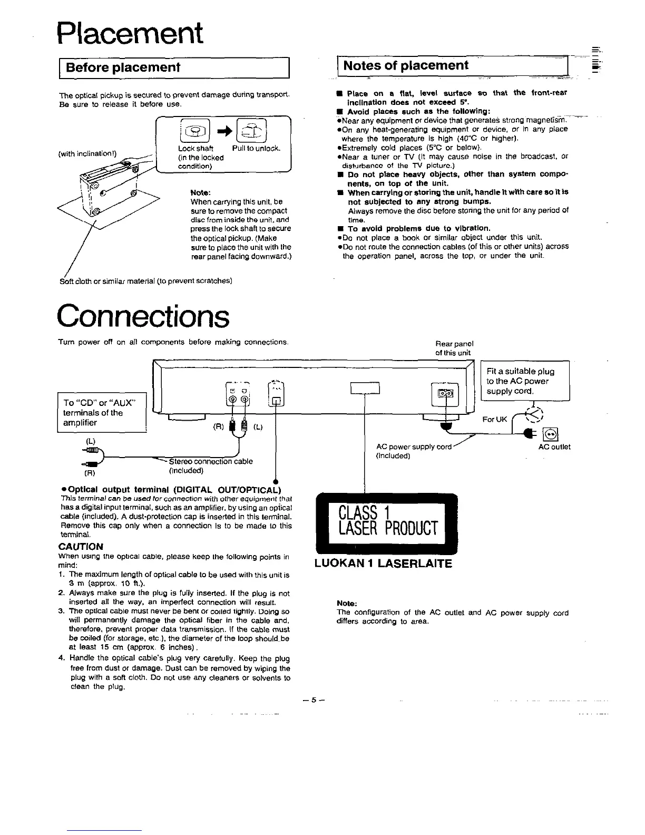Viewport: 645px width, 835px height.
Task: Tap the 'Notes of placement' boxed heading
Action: coord(406,65)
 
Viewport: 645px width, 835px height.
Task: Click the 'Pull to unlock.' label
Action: coord(256,149)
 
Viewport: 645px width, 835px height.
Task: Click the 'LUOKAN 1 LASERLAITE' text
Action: coord(383,564)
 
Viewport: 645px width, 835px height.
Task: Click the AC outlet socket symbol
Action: coord(551,434)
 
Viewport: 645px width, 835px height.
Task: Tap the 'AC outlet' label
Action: coord(554,447)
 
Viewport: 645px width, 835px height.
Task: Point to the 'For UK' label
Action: coord(494,420)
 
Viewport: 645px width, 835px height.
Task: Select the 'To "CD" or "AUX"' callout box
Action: coord(101,413)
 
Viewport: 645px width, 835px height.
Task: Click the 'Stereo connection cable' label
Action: coord(210,461)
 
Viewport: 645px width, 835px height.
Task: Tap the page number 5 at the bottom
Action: coord(313,700)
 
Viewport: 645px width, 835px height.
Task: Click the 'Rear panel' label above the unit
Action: coord(454,343)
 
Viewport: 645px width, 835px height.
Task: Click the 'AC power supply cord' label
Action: coord(414,447)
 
